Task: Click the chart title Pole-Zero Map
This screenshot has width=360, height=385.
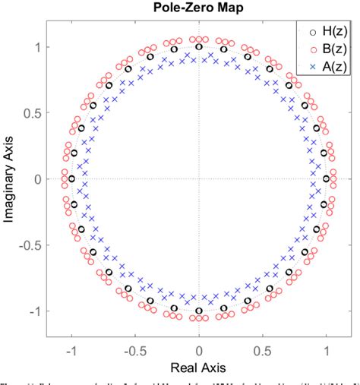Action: click(198, 9)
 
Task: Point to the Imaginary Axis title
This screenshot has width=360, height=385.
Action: click(10, 179)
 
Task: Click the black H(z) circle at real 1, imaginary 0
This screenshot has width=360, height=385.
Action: click(327, 179)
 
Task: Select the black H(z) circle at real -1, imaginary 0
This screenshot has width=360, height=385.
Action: click(71, 179)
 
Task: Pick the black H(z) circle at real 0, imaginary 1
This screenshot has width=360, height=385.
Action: click(199, 47)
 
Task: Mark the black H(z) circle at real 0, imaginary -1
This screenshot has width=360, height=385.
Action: click(199, 311)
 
